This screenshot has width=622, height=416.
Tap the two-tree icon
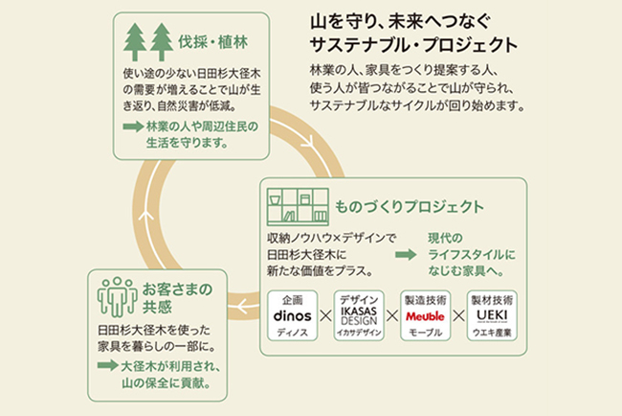coord(147,43)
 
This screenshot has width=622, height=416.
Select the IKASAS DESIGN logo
coord(358,315)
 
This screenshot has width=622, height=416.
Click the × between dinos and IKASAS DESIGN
coord(325,315)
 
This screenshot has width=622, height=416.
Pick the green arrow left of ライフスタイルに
coord(407,255)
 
